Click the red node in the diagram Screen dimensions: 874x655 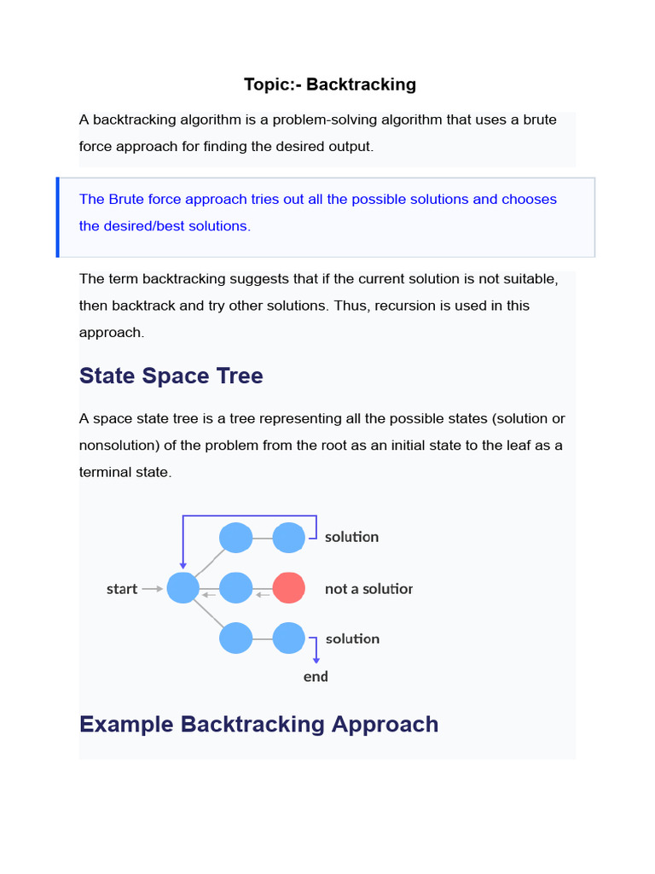pyautogui.click(x=289, y=588)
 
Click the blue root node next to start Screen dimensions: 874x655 pyautogui.click(x=183, y=588)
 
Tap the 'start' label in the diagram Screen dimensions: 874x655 pyautogui.click(x=122, y=589)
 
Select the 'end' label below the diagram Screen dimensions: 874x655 pyautogui.click(x=316, y=677)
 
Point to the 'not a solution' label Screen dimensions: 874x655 pyautogui.click(x=368, y=589)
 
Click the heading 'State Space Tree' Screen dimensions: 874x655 pyautogui.click(x=171, y=376)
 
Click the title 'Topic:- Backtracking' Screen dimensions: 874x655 pyautogui.click(x=329, y=84)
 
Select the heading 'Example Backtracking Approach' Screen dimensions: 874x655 pyautogui.click(x=258, y=724)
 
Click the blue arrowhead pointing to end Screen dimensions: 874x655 pyautogui.click(x=316, y=658)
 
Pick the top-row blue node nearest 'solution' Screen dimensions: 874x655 pyautogui.click(x=289, y=538)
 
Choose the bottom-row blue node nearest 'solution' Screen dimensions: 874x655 pyautogui.click(x=289, y=638)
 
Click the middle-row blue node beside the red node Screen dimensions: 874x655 pyautogui.click(x=236, y=588)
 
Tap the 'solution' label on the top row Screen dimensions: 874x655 pyautogui.click(x=351, y=537)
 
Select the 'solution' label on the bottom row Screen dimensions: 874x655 pyautogui.click(x=352, y=638)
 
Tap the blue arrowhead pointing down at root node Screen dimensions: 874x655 pyautogui.click(x=183, y=564)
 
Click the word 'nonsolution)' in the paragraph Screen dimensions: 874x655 pyautogui.click(x=117, y=446)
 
